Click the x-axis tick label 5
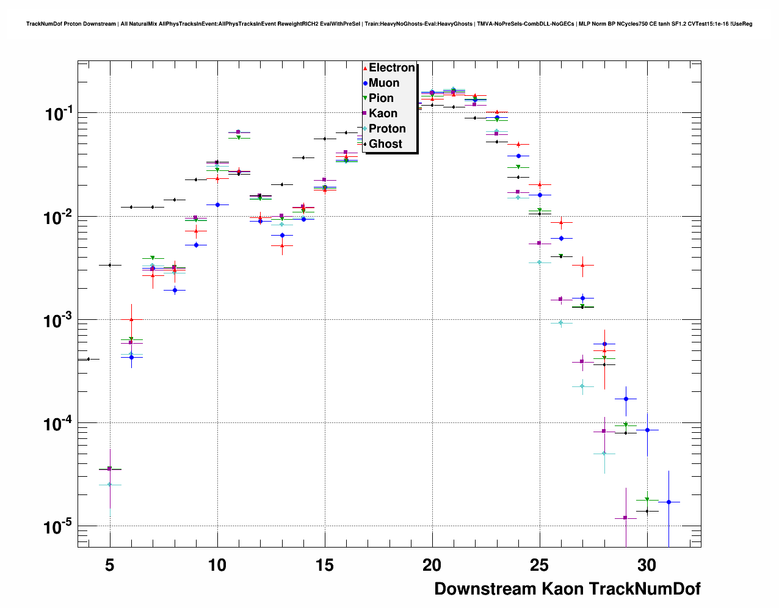pos(110,565)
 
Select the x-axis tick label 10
pos(217,565)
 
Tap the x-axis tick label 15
pos(324,565)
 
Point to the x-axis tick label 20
pos(432,565)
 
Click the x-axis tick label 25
pos(539,565)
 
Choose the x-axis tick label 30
pos(647,565)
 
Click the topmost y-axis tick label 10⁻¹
pos(59,114)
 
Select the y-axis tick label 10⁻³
pos(59,320)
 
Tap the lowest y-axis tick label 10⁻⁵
pos(59,526)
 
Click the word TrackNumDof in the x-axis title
pos(645,589)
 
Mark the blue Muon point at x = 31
pos(668,502)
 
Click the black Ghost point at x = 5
pos(110,265)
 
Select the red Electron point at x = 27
pos(583,266)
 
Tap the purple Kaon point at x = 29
pos(625,518)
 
